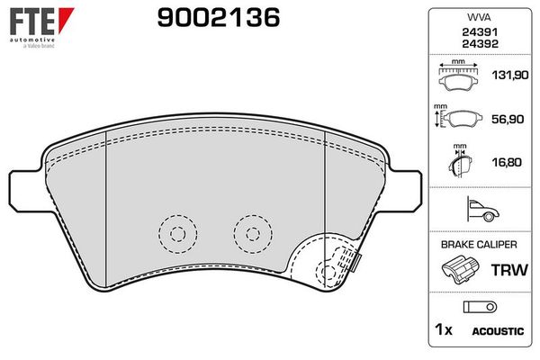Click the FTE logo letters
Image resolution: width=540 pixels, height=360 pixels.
tap(32, 22)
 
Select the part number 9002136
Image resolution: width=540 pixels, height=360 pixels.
tap(219, 18)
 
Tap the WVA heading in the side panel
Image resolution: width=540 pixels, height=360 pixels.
tap(479, 17)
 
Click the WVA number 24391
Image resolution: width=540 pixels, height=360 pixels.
tap(480, 32)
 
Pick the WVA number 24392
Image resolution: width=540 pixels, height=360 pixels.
tap(480, 44)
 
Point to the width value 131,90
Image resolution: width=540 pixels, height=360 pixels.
tap(510, 75)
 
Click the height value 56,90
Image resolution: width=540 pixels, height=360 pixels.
tap(508, 119)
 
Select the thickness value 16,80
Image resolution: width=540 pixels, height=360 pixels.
tap(507, 162)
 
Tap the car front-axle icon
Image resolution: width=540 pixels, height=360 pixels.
tap(482, 209)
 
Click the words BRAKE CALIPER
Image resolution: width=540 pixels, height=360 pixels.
tap(479, 245)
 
